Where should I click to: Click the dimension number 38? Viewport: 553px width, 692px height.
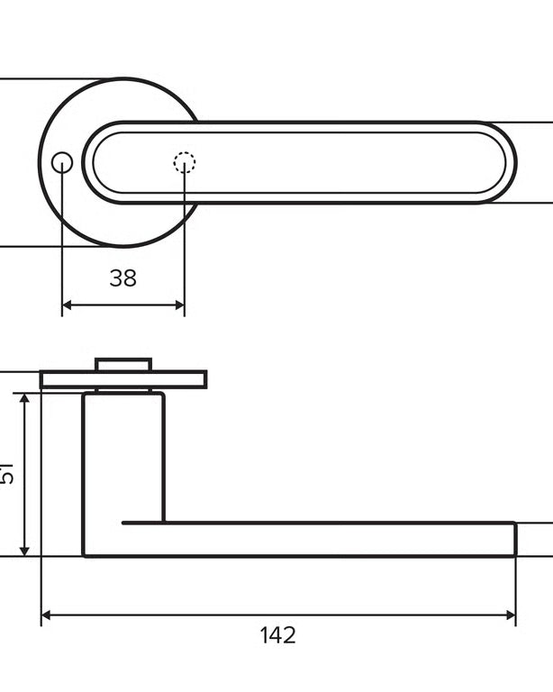pos(123,278)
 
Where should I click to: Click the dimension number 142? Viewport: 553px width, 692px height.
pos(277,635)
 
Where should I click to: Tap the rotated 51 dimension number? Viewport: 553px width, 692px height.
pos(6,474)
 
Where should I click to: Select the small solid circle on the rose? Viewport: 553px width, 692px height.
pos(62,163)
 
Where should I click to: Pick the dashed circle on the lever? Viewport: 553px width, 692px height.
pos(185,162)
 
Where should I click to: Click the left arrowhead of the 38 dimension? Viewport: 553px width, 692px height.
pos(67,305)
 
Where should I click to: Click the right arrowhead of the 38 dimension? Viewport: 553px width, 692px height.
pos(179,305)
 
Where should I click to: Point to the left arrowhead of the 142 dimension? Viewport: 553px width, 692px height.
pos(46,615)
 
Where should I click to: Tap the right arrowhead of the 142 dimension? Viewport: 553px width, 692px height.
pos(511,615)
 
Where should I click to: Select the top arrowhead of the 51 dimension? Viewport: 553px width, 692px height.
pos(25,398)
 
